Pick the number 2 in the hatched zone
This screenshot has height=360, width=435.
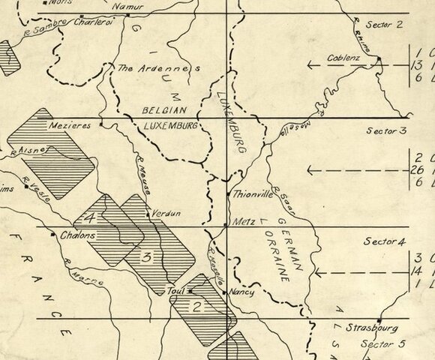point(196,305)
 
